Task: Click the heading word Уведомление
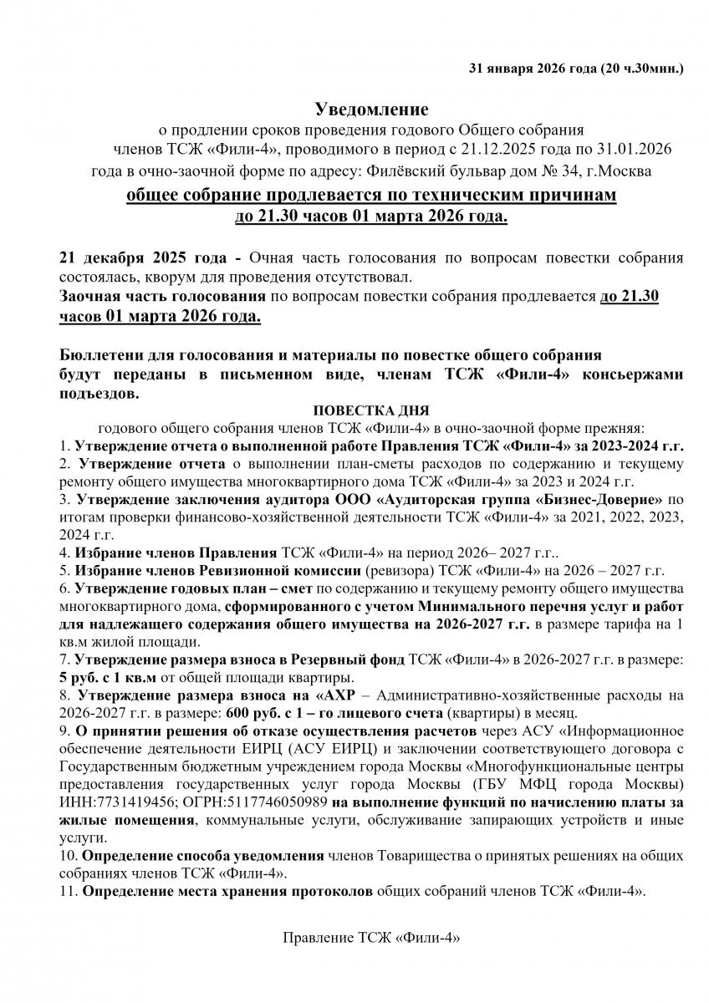point(370,109)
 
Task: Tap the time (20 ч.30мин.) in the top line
point(641,67)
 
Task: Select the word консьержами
point(636,374)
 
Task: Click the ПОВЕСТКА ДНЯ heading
point(370,411)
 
